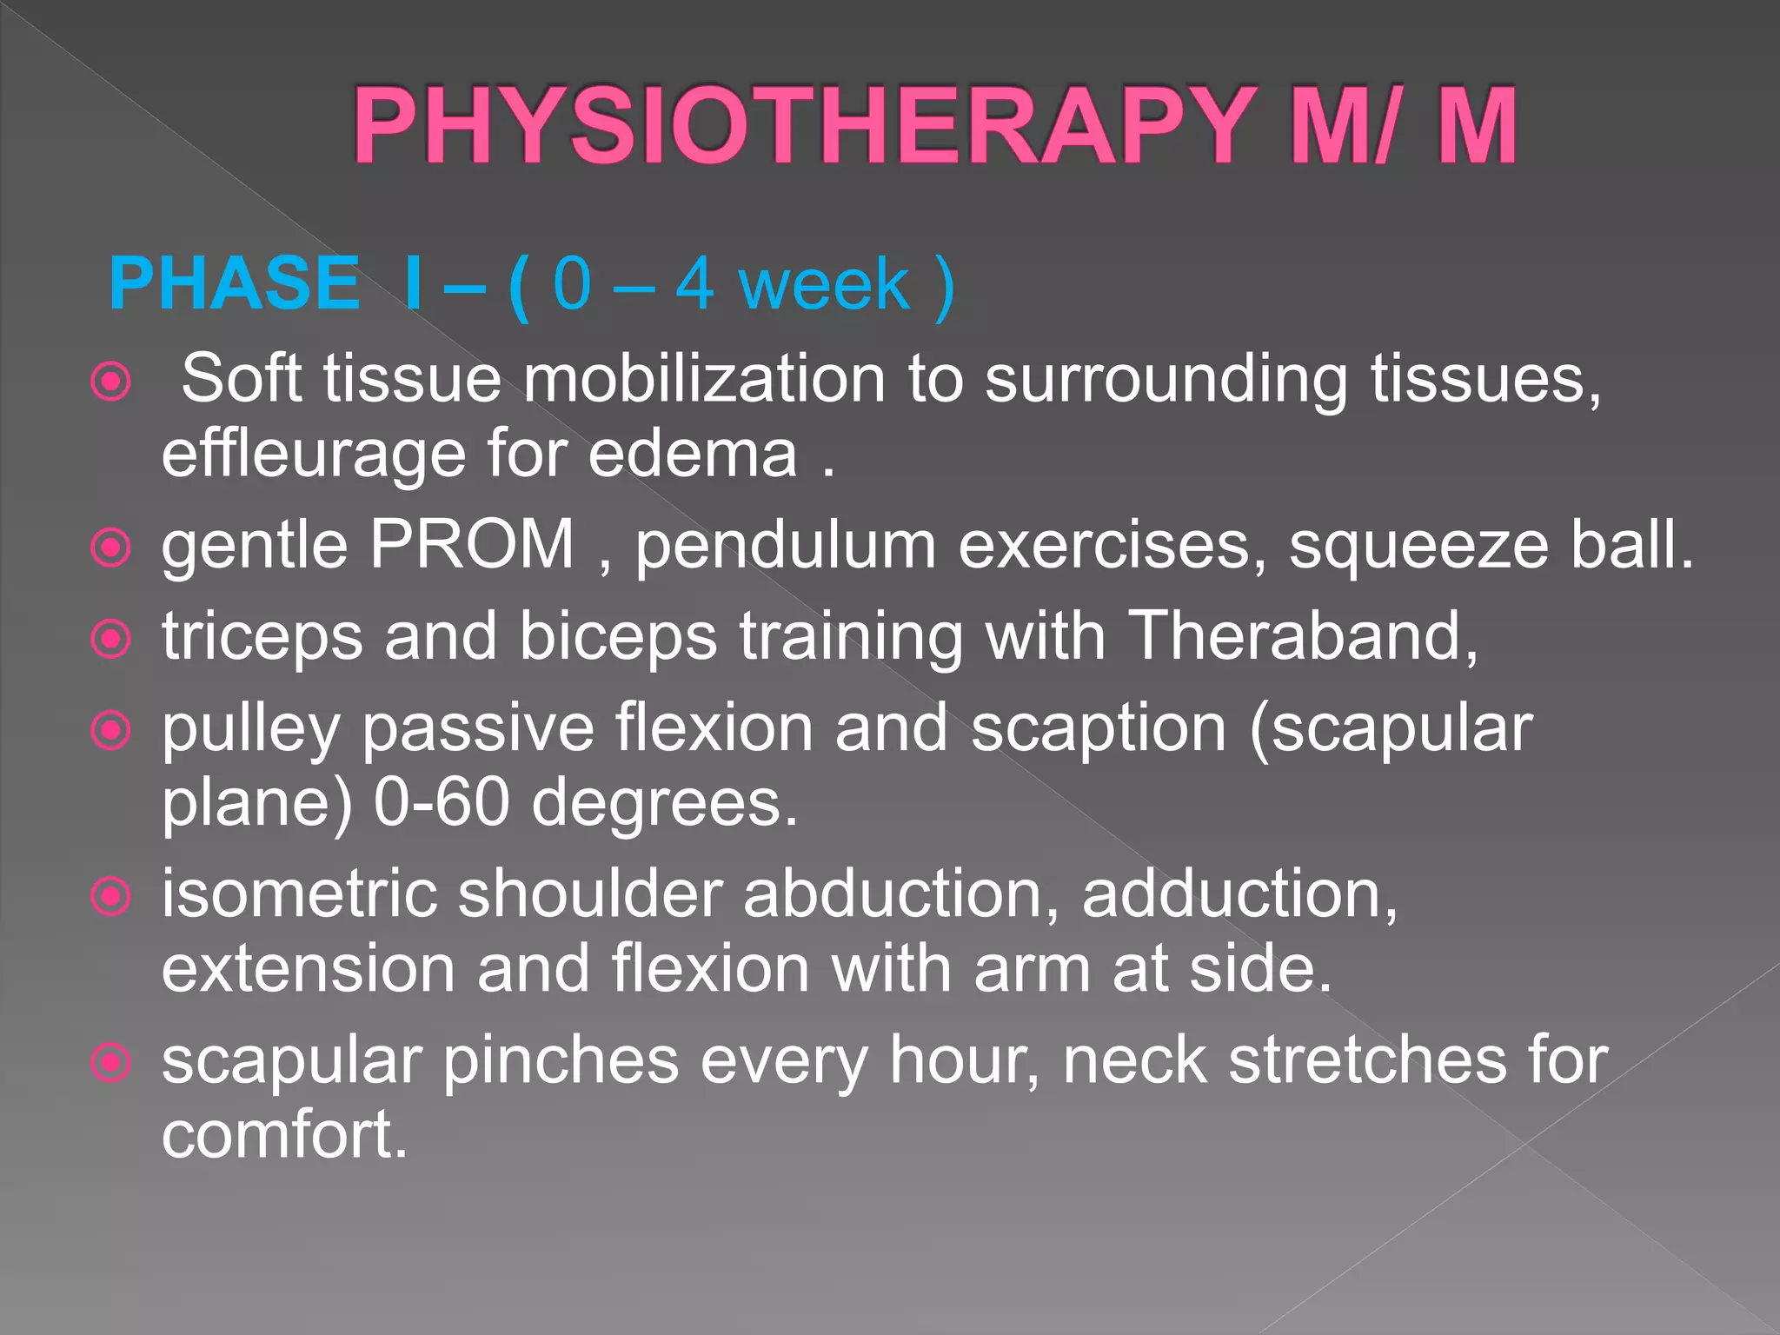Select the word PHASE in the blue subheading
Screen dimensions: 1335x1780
[235, 283]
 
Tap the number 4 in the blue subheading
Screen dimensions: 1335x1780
[695, 283]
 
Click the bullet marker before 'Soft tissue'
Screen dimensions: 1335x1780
[111, 381]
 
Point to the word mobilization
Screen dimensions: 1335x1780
[704, 379]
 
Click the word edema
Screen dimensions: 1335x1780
[693, 454]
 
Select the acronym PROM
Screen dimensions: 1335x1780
[472, 545]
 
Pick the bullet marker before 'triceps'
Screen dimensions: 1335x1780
[111, 640]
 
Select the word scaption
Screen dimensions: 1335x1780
[1098, 730]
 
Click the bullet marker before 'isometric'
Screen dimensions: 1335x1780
[111, 896]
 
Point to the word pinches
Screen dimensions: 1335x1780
[561, 1060]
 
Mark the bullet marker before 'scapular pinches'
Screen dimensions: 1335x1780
[111, 1062]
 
